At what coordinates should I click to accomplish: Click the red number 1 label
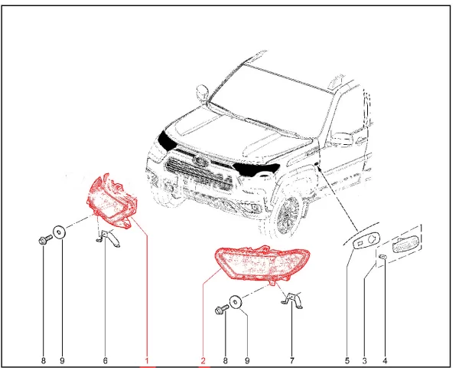(x=147, y=360)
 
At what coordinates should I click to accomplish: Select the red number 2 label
(x=203, y=360)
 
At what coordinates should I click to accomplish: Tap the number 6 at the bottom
(x=106, y=360)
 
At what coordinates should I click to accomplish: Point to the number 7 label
(x=292, y=360)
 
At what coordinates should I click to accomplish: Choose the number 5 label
(x=347, y=360)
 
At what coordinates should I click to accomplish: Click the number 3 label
(x=365, y=360)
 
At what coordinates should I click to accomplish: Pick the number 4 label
(x=385, y=360)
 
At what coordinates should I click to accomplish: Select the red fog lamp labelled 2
(x=262, y=263)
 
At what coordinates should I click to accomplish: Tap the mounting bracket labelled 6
(x=109, y=237)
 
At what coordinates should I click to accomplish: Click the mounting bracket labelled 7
(x=292, y=300)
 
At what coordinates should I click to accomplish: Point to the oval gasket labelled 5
(x=366, y=240)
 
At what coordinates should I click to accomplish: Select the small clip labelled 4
(x=382, y=257)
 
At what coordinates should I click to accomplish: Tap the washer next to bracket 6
(x=59, y=233)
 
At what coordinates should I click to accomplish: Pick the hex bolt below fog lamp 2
(x=222, y=310)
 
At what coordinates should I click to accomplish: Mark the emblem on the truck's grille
(x=200, y=161)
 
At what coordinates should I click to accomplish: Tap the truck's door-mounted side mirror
(x=341, y=139)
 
